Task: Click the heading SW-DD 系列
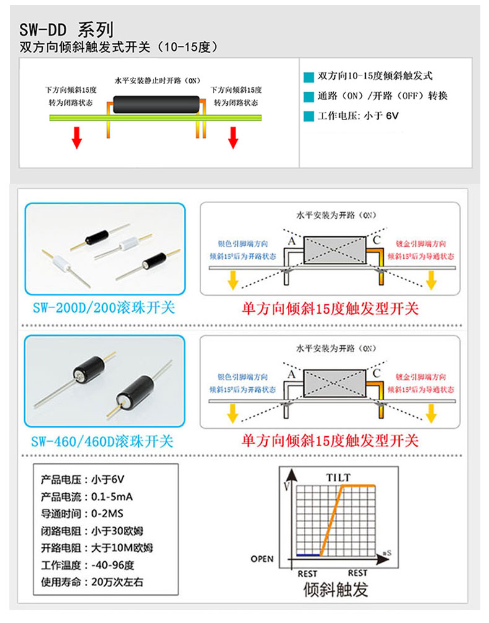(67, 30)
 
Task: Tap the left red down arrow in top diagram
(77, 137)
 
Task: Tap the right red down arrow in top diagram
(233, 137)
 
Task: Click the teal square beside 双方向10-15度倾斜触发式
(309, 77)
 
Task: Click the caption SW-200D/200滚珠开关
(103, 307)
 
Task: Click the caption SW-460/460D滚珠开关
(103, 441)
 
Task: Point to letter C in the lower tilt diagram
(376, 373)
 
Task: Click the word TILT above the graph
(338, 478)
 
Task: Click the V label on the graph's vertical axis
(285, 487)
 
